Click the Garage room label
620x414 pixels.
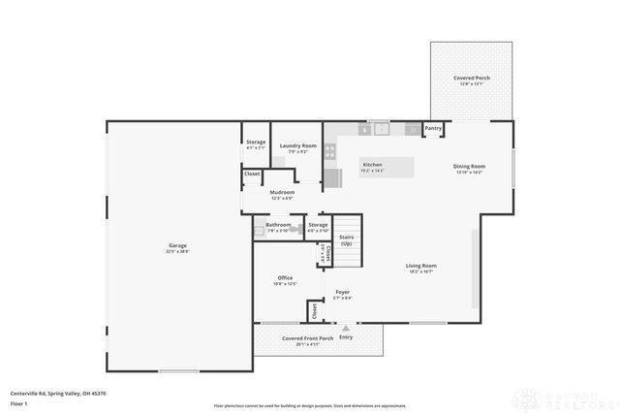pyautogui.click(x=177, y=245)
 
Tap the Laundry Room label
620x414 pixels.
pyautogui.click(x=297, y=146)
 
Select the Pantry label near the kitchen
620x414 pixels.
pyautogui.click(x=433, y=128)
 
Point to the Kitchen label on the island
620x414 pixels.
pyautogui.click(x=373, y=165)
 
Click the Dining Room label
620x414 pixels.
pyautogui.click(x=469, y=166)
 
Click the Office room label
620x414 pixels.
pyautogui.click(x=285, y=277)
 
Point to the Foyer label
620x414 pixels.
pyautogui.click(x=342, y=291)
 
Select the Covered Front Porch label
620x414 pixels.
pyautogui.click(x=307, y=338)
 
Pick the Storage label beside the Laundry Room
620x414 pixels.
pyautogui.click(x=255, y=143)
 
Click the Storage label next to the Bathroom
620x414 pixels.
pyautogui.click(x=318, y=225)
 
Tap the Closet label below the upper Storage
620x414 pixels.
pyautogui.click(x=252, y=174)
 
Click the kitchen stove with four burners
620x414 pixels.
pyautogui.click(x=330, y=150)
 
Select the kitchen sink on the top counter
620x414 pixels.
pyautogui.click(x=383, y=127)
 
